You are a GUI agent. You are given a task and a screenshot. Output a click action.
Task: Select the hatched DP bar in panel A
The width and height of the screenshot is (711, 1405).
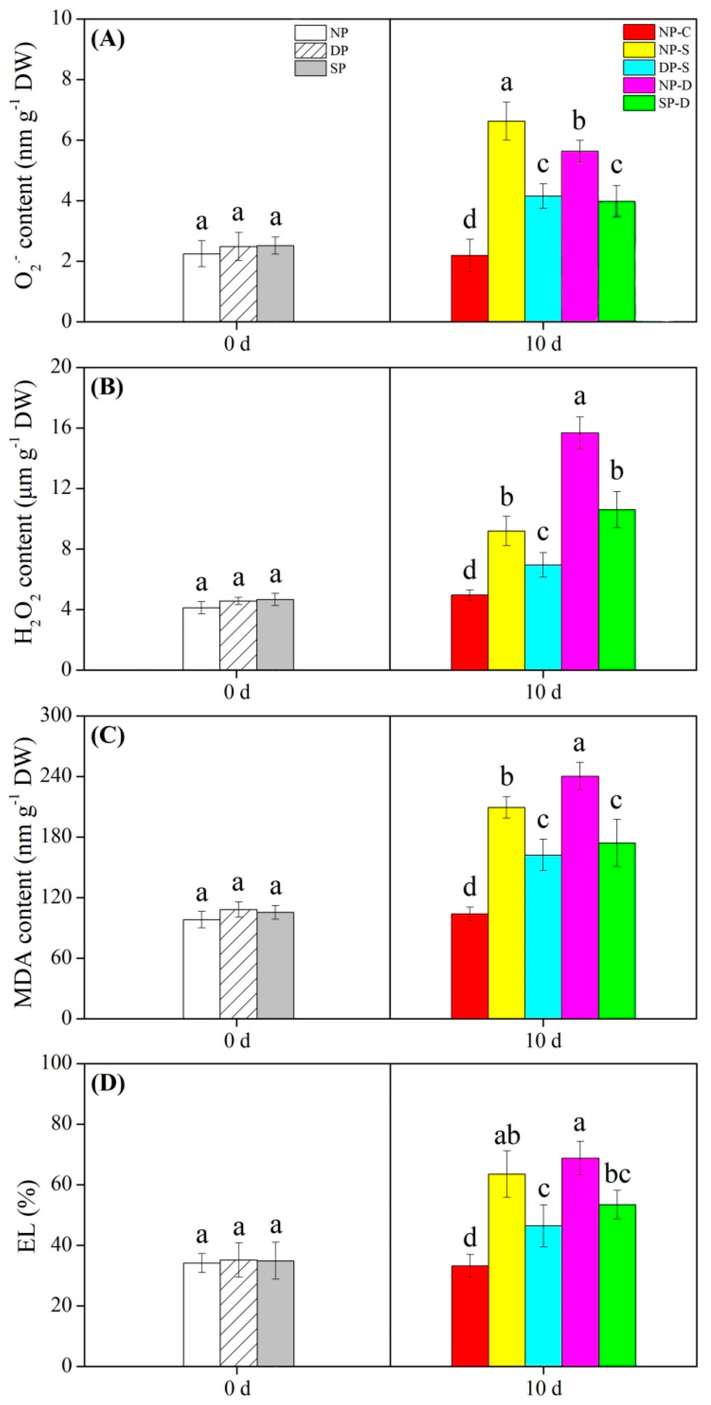pyautogui.click(x=238, y=284)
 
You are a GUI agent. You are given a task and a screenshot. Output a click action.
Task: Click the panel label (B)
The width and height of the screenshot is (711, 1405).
pyautogui.click(x=108, y=388)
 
